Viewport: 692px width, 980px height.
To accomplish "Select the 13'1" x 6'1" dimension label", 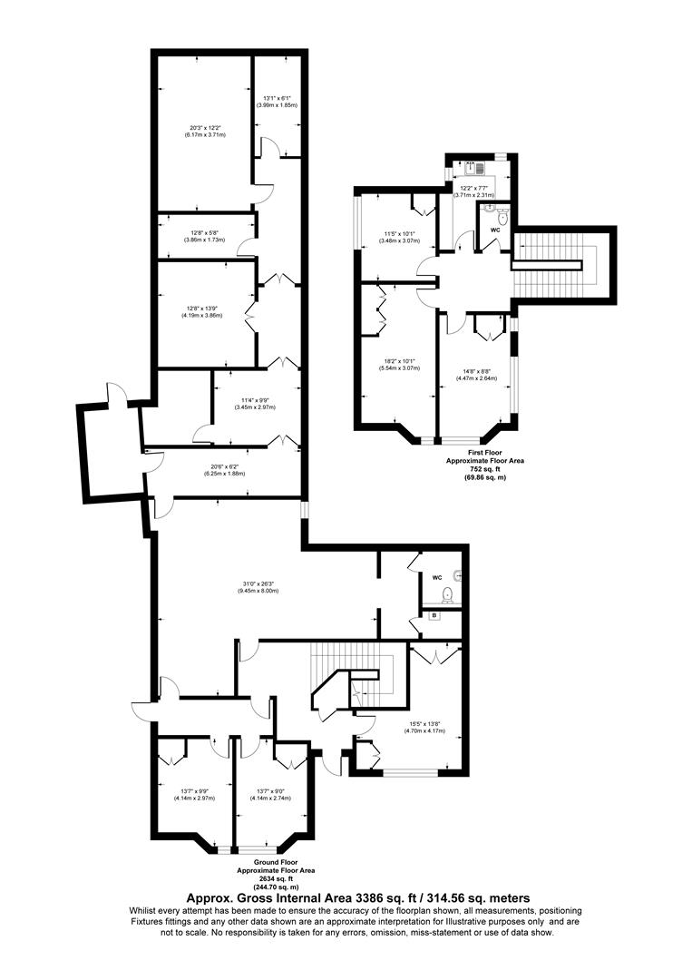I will click(x=276, y=102).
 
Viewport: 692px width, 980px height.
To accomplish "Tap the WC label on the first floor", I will click(x=495, y=230).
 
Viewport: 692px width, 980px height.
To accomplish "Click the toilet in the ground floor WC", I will click(x=445, y=595).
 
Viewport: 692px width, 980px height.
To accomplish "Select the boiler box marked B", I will click(x=434, y=617).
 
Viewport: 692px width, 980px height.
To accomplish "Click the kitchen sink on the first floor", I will click(x=472, y=167).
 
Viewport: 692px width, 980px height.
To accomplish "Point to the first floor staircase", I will click(x=553, y=263).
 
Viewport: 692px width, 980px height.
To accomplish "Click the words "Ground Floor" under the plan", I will click(x=276, y=862).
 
